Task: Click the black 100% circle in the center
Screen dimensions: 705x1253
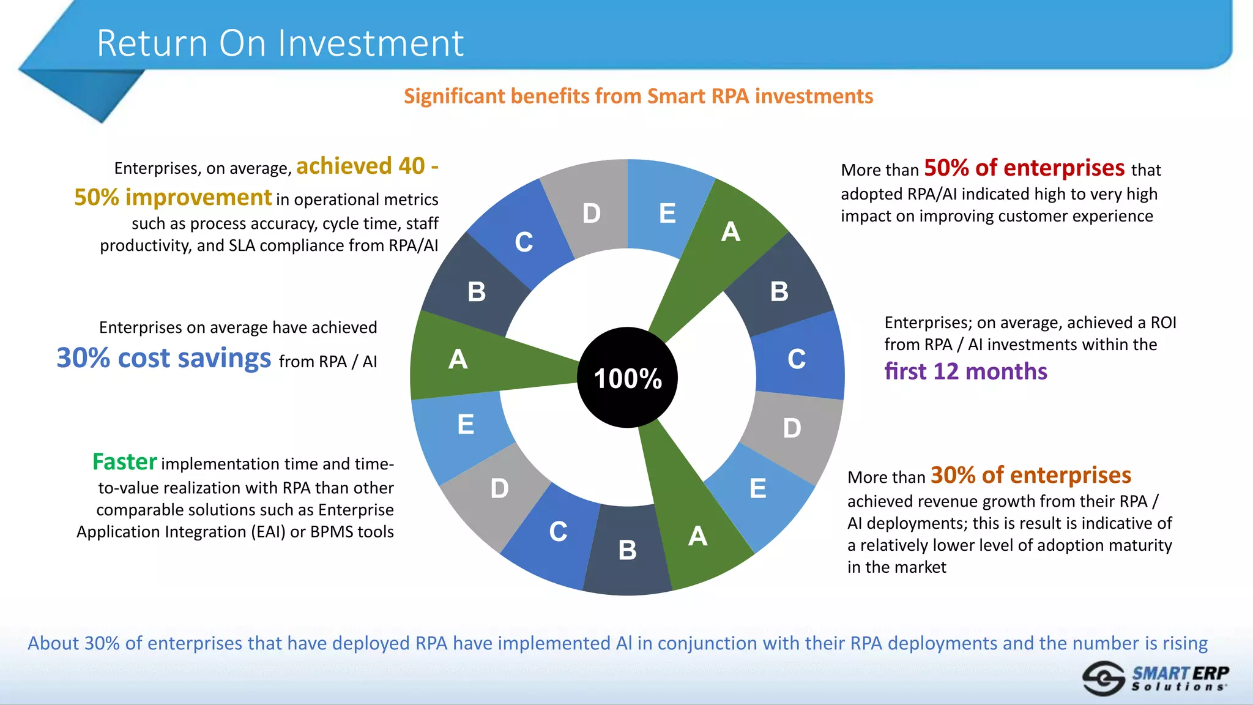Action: (x=627, y=378)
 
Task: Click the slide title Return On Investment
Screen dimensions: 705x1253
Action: (x=280, y=43)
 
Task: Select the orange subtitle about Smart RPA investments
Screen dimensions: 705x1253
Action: (x=638, y=96)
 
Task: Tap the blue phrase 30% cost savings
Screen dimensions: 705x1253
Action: (x=164, y=358)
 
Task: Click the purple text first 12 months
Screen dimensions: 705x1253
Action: (x=965, y=371)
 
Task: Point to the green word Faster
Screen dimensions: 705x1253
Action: (x=125, y=462)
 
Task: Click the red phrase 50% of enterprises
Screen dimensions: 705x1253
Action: (x=1024, y=168)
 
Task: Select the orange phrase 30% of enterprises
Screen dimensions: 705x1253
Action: (x=1030, y=475)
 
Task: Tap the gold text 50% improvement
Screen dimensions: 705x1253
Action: (x=173, y=198)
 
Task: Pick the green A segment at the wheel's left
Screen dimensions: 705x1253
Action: (x=465, y=359)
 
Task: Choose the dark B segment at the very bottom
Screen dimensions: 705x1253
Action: (x=626, y=551)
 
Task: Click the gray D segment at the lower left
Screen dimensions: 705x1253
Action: (x=499, y=490)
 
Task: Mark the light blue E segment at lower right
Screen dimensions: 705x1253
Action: (x=759, y=490)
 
